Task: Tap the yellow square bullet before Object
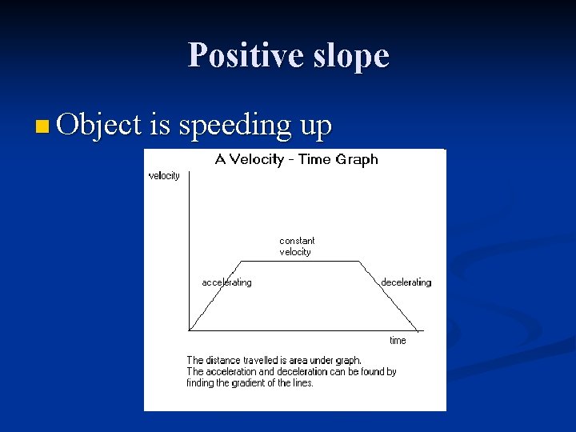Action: [42, 126]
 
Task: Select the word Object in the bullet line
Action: [99, 125]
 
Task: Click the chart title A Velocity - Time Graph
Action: [296, 159]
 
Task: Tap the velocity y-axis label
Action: [164, 176]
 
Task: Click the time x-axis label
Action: [398, 341]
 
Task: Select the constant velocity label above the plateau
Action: [297, 246]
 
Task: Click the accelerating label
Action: [226, 282]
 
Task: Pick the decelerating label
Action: [406, 282]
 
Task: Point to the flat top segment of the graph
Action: [300, 262]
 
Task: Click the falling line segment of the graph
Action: [388, 295]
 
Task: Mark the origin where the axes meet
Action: [189, 330]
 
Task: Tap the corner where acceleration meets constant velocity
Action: [242, 262]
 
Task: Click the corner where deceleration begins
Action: [360, 262]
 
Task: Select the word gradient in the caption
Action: [242, 383]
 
